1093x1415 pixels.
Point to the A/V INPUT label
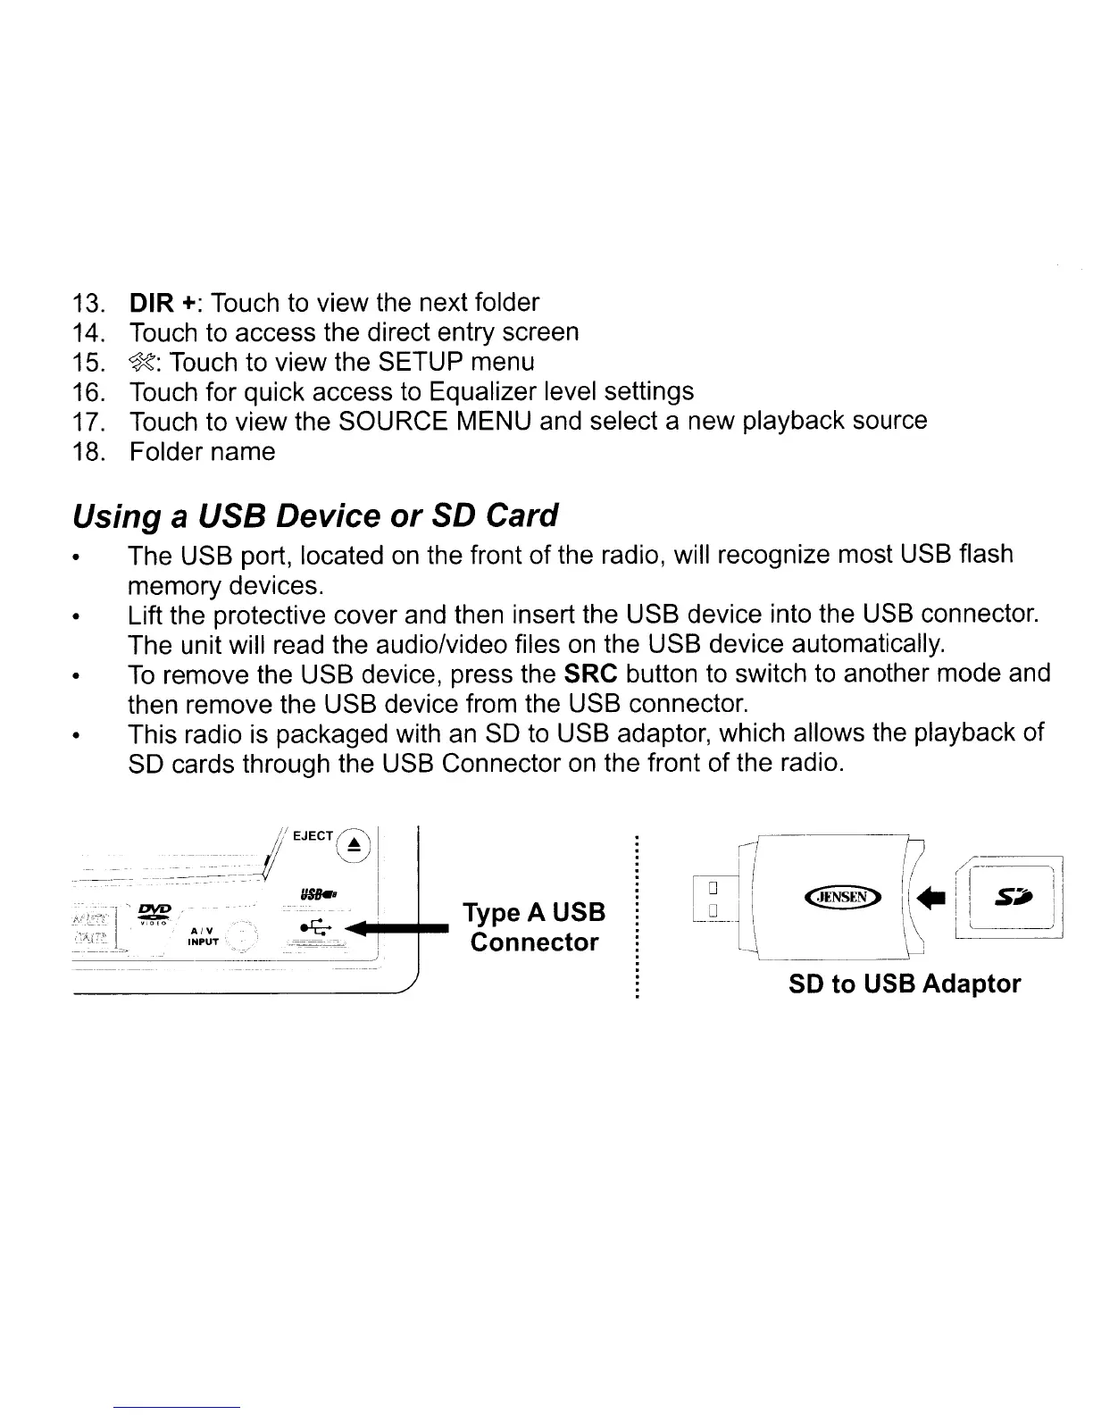(198, 935)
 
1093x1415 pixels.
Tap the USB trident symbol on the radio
(315, 925)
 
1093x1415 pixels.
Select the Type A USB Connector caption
(534, 927)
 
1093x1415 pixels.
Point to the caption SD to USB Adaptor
(904, 984)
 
